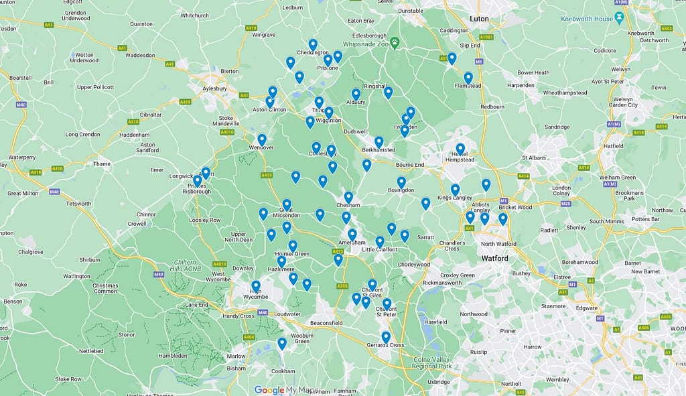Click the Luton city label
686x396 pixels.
[x=479, y=19]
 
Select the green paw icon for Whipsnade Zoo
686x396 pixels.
[x=395, y=42]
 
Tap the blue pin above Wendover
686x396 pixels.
[x=262, y=139]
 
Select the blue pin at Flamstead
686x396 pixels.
[x=468, y=78]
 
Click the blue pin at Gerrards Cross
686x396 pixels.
[x=386, y=336]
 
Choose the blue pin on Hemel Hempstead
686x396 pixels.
[x=460, y=148]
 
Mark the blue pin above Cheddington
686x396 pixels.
[x=313, y=44]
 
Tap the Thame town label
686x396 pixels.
[x=102, y=163]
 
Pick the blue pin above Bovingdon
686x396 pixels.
[x=401, y=182]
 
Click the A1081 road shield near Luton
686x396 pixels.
[x=486, y=37]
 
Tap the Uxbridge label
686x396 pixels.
[x=439, y=381]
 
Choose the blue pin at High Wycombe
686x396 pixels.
[x=256, y=286]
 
